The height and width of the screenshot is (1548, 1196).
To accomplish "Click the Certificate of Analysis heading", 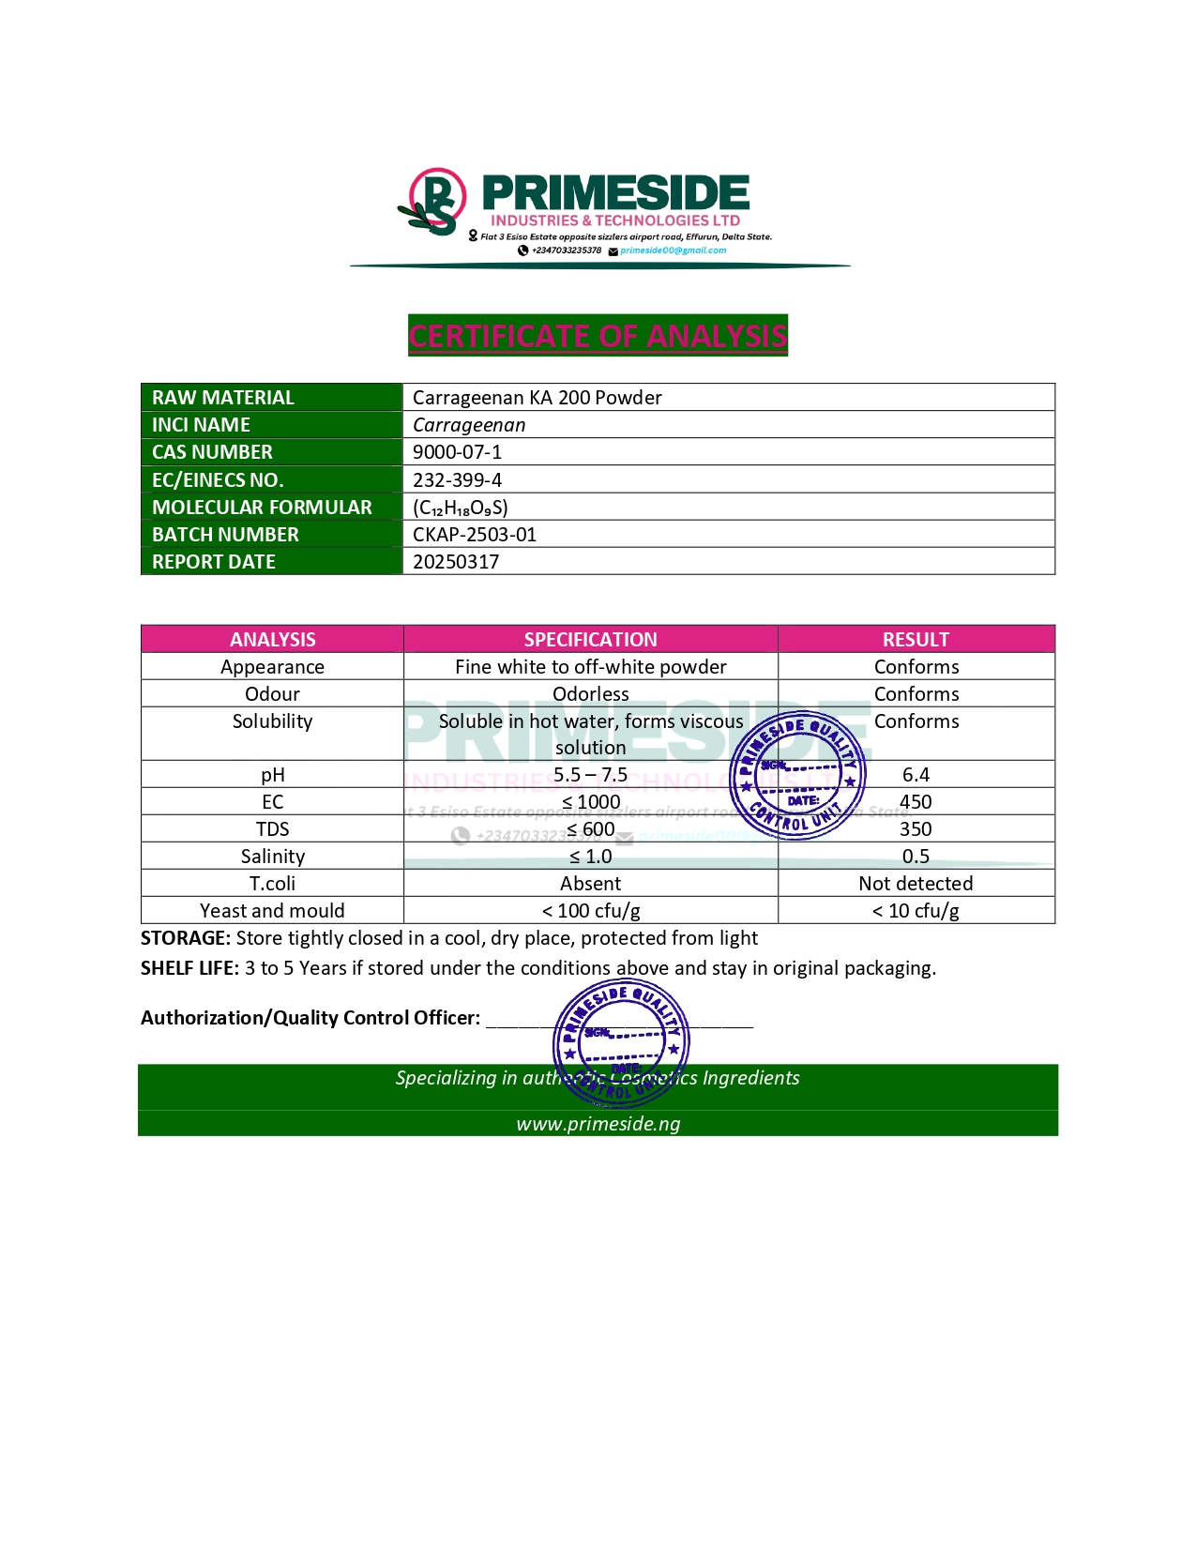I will coord(598,336).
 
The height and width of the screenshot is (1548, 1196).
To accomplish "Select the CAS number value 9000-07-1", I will coord(457,452).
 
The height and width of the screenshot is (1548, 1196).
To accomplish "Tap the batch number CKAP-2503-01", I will coord(475,535).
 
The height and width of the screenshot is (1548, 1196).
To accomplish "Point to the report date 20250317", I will coord(456,562).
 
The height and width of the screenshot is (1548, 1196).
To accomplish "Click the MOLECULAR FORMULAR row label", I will coord(262,508).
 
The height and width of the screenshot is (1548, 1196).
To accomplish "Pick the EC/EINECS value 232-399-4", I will coord(457,480).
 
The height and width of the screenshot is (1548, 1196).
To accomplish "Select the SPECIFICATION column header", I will coord(590,640).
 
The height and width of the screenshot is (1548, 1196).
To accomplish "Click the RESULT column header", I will coord(916,640).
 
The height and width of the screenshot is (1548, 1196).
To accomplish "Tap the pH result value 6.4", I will coord(916,775).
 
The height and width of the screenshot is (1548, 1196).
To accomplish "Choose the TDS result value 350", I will coord(916,829).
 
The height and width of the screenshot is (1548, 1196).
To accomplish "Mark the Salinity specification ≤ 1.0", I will coord(590,857).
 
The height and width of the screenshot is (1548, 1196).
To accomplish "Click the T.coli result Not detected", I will coord(916,884).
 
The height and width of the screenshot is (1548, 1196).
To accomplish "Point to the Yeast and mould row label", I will coord(272,911).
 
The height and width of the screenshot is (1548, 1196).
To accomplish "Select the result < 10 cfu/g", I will coord(916,911).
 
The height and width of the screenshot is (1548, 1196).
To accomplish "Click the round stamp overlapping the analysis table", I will coord(797,776).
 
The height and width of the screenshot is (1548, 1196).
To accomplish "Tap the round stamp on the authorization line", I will coord(621,1042).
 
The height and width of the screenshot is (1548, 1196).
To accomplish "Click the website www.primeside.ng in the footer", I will coord(598,1124).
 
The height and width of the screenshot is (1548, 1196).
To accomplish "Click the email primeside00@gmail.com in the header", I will coord(673,250).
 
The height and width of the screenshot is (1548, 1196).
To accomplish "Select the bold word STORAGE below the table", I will coord(185,938).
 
